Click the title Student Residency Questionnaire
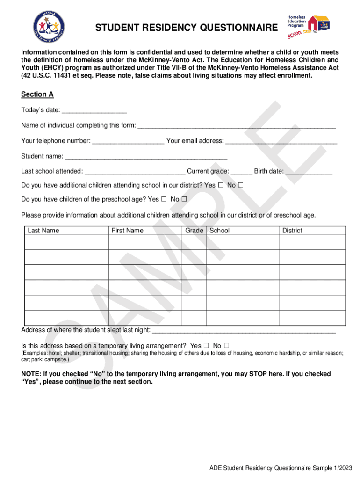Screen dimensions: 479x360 pyautogui.click(x=186, y=29)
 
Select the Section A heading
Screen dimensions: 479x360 pyautogui.click(x=37, y=94)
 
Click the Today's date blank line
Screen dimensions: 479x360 pyautogui.click(x=94, y=110)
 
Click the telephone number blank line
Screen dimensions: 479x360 pyautogui.click(x=128, y=141)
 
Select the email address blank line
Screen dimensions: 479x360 pyautogui.click(x=281, y=141)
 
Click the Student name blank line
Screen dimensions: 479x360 pyautogui.click(x=146, y=156)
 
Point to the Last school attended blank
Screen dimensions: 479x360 pyautogui.click(x=135, y=171)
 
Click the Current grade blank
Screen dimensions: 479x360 pyautogui.click(x=241, y=171)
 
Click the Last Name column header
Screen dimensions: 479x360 pyautogui.click(x=43, y=231)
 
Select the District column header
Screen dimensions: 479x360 pyautogui.click(x=292, y=231)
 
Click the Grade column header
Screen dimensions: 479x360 pyautogui.click(x=194, y=231)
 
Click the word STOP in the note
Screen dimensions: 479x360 pyautogui.click(x=258, y=374)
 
